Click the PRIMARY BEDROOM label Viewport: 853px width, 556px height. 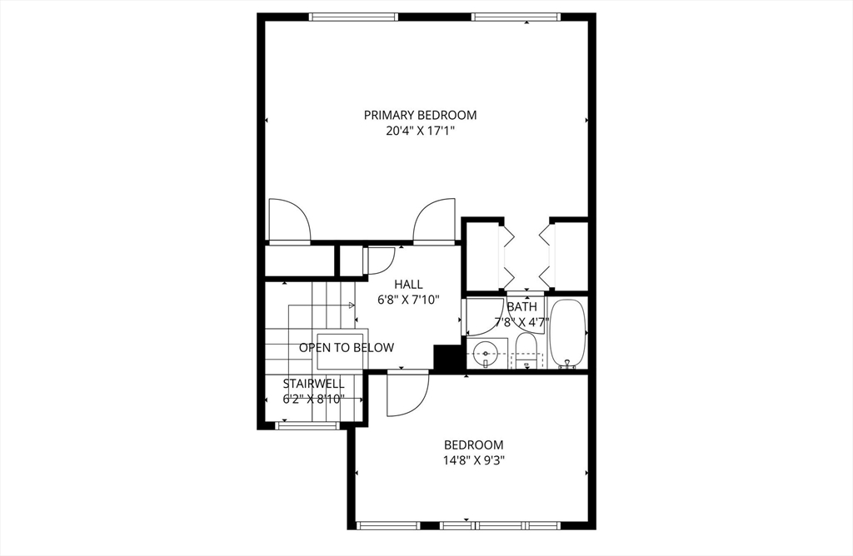click(x=420, y=115)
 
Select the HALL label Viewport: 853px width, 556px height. click(x=408, y=285)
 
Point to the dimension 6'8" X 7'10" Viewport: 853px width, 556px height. click(x=408, y=300)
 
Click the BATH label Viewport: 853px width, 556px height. click(x=522, y=306)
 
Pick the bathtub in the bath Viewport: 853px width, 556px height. click(x=568, y=333)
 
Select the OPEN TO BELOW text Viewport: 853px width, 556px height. click(x=347, y=348)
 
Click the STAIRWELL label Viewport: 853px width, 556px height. click(x=313, y=384)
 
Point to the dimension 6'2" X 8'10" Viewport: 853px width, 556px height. click(x=313, y=399)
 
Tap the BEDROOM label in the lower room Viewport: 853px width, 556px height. click(x=473, y=445)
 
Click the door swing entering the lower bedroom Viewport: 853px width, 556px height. click(x=407, y=393)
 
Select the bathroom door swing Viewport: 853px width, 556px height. click(x=484, y=315)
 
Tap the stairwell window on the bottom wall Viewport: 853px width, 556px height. click(x=307, y=425)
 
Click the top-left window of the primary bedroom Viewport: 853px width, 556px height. click(x=352, y=16)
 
